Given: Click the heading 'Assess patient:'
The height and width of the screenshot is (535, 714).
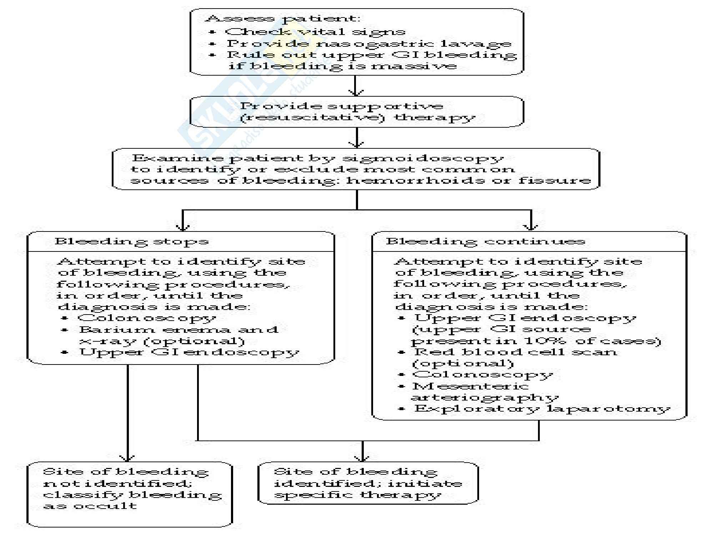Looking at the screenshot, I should (x=282, y=19).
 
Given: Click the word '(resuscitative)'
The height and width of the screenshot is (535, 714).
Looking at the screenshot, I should (x=312, y=117).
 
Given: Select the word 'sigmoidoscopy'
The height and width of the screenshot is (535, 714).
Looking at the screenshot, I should (x=423, y=158).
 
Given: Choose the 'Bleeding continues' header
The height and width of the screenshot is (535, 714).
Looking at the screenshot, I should (x=486, y=241).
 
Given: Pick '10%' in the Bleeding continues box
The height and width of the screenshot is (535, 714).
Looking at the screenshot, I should (x=545, y=341).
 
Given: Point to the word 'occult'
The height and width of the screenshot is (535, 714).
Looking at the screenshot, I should (x=105, y=506).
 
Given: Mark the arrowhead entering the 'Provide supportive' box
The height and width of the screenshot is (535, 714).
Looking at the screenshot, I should (x=356, y=93).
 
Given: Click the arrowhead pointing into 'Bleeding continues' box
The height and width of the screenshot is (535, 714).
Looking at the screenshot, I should (x=531, y=227).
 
